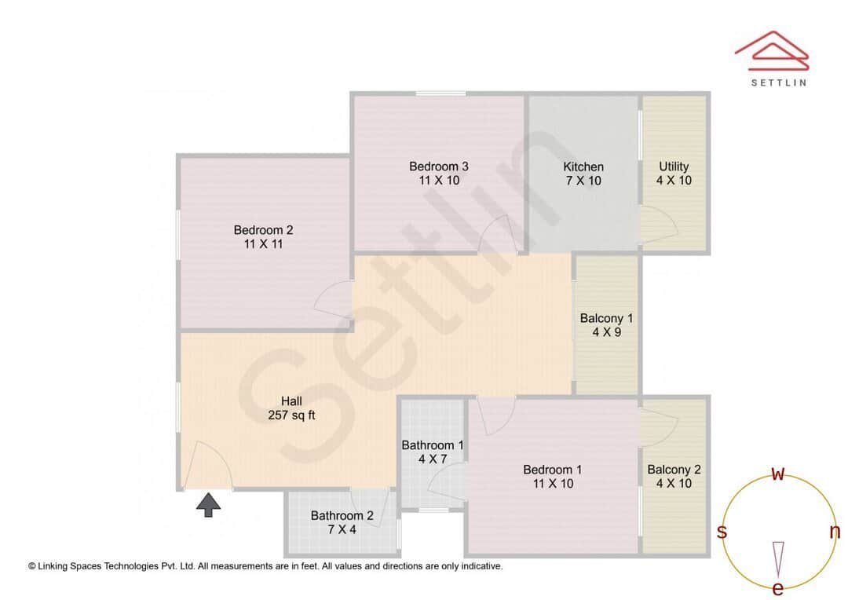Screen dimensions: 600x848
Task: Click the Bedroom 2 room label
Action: coord(263,230)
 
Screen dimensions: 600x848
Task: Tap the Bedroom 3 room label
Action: coord(439,166)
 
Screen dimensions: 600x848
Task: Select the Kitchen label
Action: coord(583,166)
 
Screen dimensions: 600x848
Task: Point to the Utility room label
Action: coord(674,166)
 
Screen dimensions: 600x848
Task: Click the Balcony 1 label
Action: coord(606,318)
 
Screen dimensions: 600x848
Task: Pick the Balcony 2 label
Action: coord(674,470)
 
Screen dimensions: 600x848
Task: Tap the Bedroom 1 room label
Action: coord(553,470)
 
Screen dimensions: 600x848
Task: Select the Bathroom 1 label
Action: coord(433,445)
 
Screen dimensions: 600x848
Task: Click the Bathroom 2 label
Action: coord(342,516)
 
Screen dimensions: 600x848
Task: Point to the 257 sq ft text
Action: coord(291,415)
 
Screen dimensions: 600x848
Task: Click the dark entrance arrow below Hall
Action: coord(208,504)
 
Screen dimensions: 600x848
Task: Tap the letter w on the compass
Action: coord(778,474)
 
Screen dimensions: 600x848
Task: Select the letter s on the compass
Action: coord(722,532)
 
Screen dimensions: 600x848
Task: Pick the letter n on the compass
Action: coord(835,532)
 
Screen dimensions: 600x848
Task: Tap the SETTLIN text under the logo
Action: coord(778,82)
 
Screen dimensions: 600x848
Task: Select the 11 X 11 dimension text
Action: coord(263,244)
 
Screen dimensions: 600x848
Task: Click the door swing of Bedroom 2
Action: coord(334,298)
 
